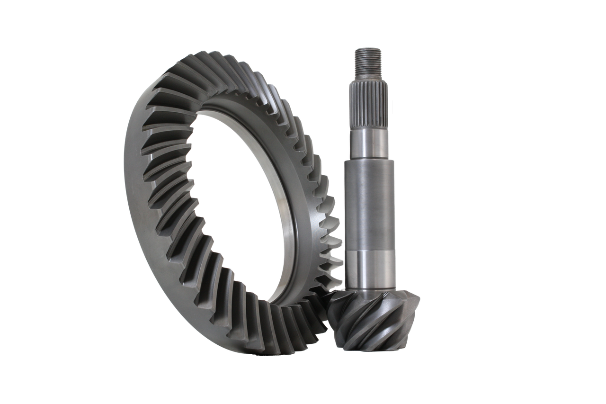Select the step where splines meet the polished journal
[369, 128]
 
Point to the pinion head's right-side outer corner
[417, 298]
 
